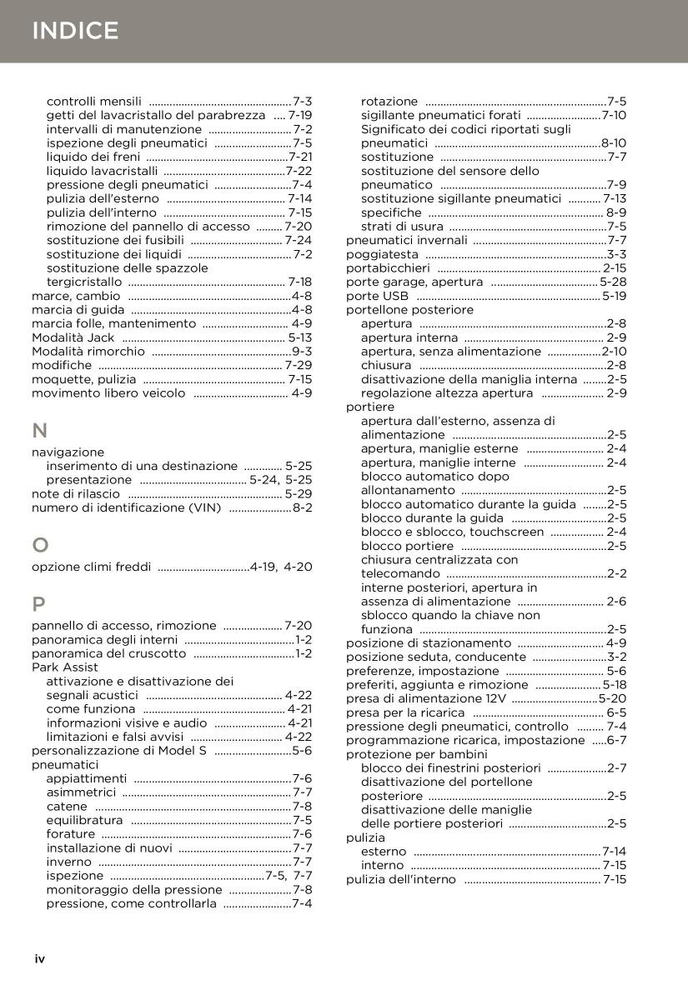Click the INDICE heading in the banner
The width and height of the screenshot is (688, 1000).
point(75,32)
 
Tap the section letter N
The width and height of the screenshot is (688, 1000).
point(39,431)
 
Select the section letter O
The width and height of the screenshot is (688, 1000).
point(40,546)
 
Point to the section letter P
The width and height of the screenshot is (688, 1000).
point(38,604)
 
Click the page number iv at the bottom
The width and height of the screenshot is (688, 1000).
point(39,959)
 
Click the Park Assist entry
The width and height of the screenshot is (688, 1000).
point(65,667)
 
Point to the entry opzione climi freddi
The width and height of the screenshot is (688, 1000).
point(91,567)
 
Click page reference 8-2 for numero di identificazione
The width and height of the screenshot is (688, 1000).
point(302,507)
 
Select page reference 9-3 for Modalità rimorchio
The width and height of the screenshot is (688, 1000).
point(302,352)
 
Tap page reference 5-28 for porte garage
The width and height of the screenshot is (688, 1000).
point(613,282)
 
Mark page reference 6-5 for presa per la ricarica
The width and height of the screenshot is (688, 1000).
point(616,712)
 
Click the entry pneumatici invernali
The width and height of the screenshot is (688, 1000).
point(407,241)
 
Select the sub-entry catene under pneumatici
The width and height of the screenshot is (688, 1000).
point(67,807)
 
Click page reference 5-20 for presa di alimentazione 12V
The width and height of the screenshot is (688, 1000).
point(613,699)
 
